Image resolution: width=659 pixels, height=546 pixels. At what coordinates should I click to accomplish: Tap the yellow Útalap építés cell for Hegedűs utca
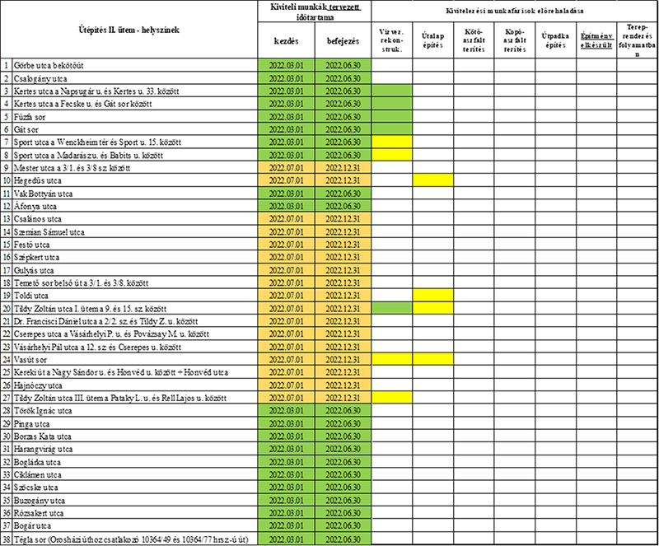433,180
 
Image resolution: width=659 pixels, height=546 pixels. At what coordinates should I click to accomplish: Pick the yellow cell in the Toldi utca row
433,295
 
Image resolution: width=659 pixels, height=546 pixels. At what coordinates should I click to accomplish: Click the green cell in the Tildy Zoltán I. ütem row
392,307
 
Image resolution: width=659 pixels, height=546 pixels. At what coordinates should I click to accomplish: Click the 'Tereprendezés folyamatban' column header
637,40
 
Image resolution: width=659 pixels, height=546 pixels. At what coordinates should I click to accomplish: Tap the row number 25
7,371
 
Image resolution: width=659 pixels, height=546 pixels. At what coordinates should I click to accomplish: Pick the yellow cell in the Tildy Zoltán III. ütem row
392,397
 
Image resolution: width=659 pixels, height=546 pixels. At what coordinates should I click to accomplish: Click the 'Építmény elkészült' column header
596,40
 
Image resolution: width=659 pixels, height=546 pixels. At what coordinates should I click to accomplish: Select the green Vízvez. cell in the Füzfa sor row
392,116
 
